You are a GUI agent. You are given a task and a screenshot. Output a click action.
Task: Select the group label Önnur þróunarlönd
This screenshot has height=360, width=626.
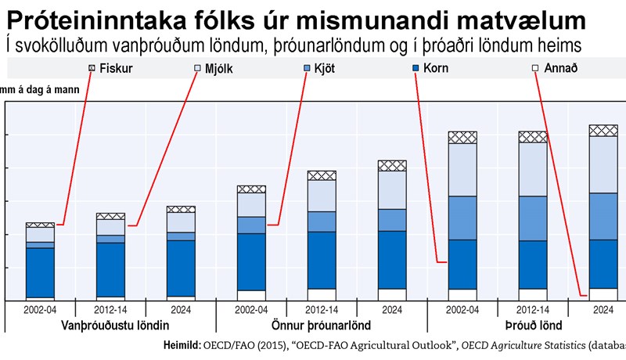pos(321,325)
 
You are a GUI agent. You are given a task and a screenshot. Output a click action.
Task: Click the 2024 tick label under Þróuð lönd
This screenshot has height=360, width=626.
pos(603,309)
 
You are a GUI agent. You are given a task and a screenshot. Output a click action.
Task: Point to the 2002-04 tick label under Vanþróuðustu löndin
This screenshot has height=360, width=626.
pos(40,309)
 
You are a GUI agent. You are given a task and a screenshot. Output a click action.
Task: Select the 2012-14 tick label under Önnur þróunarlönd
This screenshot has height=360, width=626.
pos(322,309)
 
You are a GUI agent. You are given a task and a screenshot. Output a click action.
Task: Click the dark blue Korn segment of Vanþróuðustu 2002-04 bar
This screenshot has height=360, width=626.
pos(40,272)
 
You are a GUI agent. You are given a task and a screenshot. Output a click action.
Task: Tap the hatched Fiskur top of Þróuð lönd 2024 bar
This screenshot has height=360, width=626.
pos(603,131)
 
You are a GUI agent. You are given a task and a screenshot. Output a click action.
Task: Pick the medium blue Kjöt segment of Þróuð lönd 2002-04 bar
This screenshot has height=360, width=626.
pos(462,218)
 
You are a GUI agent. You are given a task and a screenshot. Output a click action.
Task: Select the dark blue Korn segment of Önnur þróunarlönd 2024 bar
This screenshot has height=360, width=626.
pos(392,259)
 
